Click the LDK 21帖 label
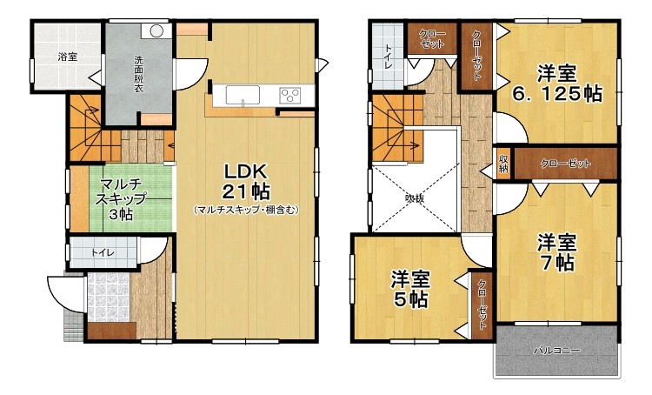[246, 182]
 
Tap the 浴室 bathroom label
[67, 57]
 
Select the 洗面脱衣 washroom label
[138, 74]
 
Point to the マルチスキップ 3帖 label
[121, 199]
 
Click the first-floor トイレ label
[103, 252]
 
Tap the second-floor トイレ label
[388, 57]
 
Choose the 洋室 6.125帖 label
[556, 84]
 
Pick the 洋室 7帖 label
[556, 252]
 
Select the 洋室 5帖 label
[410, 289]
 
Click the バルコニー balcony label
[556, 351]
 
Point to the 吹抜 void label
[415, 198]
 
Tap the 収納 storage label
[503, 163]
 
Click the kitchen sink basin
[243, 95]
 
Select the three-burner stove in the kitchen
[290, 96]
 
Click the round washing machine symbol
[156, 30]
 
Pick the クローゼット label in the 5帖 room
[482, 304]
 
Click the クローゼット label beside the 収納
[565, 164]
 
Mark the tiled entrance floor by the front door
[109, 298]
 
